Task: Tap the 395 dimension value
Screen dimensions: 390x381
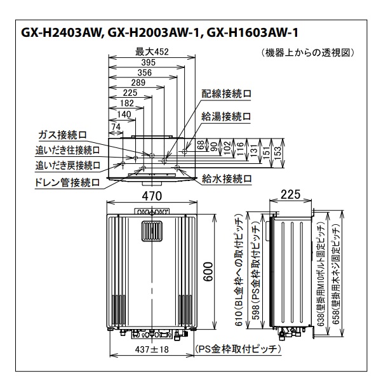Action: (x=147, y=62)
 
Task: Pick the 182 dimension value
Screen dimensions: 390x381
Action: (x=127, y=103)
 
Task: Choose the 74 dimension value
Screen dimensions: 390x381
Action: (x=116, y=126)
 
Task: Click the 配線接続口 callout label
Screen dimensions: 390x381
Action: (x=227, y=93)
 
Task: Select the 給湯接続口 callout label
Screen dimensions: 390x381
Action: (x=227, y=116)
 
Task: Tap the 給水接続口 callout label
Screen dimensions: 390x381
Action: (x=227, y=178)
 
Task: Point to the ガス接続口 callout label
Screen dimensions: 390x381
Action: (x=62, y=135)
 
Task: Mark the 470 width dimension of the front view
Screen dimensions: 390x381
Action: (x=151, y=194)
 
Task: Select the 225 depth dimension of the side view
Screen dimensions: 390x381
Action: (x=291, y=194)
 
